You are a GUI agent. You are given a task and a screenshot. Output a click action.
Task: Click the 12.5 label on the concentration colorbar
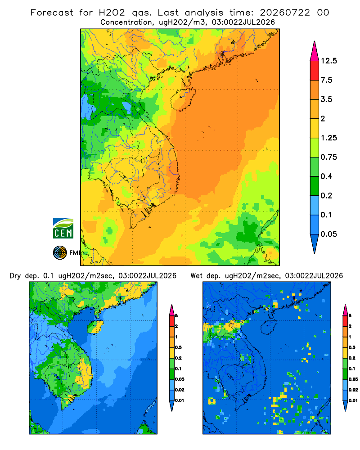(x=328, y=61)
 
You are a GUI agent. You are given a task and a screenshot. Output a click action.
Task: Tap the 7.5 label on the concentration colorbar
(x=326, y=80)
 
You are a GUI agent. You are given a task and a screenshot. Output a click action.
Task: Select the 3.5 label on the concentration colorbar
(x=326, y=99)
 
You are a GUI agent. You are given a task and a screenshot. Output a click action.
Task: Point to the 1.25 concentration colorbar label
(x=328, y=138)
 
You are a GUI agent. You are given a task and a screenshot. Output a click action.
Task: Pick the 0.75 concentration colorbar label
(x=328, y=157)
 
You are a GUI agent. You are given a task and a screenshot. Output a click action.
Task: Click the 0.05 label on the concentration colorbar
(x=328, y=234)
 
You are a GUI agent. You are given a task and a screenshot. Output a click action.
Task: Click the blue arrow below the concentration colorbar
(x=315, y=243)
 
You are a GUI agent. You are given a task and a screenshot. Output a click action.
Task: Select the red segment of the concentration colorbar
(x=315, y=71)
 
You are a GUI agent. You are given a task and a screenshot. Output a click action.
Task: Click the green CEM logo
(x=63, y=229)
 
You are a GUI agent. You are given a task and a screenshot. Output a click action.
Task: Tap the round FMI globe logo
(x=60, y=252)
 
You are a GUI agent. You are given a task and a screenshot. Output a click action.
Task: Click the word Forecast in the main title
(x=52, y=13)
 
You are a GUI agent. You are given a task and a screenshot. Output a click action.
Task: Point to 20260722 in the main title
(x=285, y=13)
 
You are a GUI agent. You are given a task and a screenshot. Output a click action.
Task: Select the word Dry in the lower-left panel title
(x=15, y=276)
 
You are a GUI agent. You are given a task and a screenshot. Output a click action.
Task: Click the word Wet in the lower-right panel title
(x=197, y=276)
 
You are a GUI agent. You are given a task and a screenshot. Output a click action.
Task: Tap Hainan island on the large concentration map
(x=183, y=99)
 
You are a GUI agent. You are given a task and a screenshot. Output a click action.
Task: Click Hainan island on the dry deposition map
(x=95, y=327)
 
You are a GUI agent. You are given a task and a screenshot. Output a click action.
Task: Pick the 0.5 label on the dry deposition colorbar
(x=178, y=347)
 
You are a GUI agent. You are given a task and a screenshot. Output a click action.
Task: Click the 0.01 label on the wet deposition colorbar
(x=353, y=400)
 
